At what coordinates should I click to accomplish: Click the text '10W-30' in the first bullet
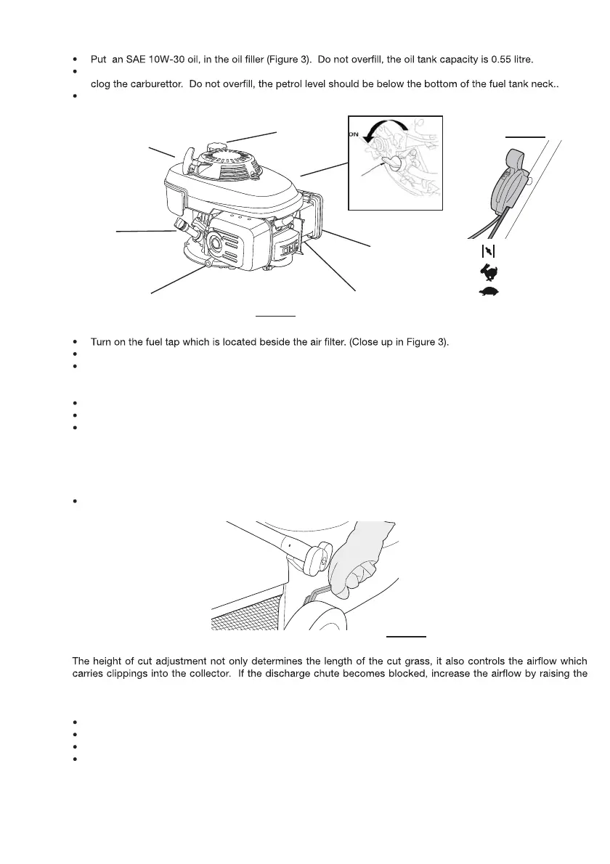pyautogui.click(x=169, y=56)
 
